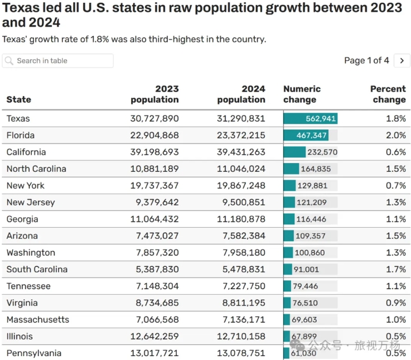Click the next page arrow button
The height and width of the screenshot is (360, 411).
point(402,61)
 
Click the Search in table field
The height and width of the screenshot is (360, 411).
point(57,61)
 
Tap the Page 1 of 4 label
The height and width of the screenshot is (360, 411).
point(366,61)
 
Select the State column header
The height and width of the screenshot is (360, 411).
point(18,99)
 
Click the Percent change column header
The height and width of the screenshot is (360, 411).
point(388,94)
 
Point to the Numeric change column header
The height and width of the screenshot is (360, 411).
point(302,94)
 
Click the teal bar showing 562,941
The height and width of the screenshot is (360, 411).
point(311,118)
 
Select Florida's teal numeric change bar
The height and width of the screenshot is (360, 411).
point(306,135)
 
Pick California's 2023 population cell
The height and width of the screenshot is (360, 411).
point(154,152)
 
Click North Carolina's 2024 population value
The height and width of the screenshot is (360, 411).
point(241,169)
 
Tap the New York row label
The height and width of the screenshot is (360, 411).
point(26,185)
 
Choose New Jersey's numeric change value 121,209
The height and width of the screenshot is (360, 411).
point(311,202)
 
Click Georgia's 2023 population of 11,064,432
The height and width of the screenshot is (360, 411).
point(154,219)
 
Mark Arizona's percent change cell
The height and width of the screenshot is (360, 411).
point(396,236)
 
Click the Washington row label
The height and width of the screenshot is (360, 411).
point(31,253)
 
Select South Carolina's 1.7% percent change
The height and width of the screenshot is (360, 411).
point(396,269)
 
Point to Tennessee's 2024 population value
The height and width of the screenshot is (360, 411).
point(244,286)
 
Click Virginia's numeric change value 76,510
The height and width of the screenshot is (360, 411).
point(305,303)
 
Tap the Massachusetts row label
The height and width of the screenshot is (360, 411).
point(38,320)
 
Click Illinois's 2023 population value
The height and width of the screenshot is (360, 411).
point(154,337)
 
